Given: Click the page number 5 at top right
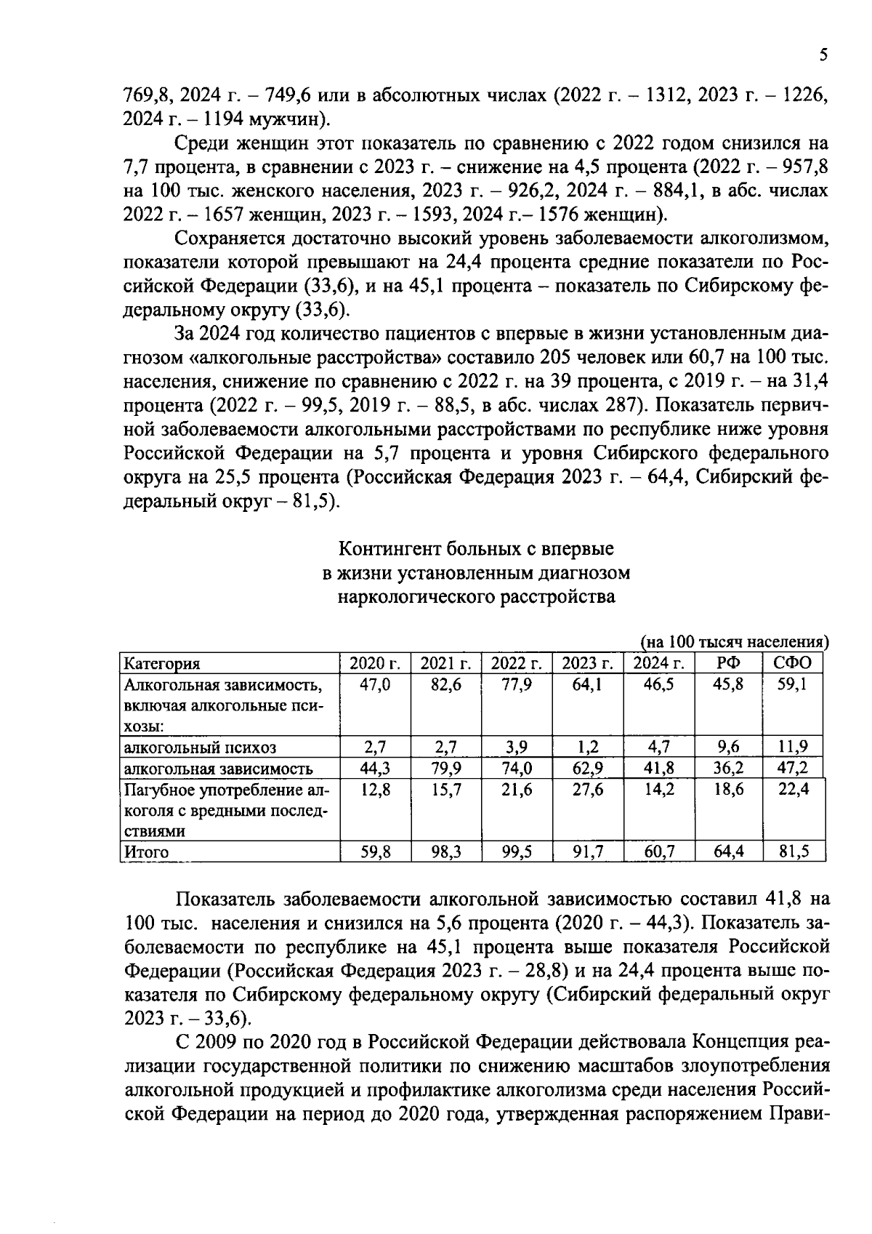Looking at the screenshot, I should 823,55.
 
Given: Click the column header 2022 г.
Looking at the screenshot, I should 517,663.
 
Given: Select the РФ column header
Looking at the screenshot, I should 728,663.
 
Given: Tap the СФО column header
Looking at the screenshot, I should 794,663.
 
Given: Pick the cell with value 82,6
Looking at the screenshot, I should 445,684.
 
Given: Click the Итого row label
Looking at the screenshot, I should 147,852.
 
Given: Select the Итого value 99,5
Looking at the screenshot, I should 517,852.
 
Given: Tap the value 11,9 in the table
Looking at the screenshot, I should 794,748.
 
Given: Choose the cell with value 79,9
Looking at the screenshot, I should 445,769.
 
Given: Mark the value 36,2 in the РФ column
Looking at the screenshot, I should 728,769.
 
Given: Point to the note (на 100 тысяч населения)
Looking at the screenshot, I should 734,642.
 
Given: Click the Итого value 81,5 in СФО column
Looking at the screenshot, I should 794,852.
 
